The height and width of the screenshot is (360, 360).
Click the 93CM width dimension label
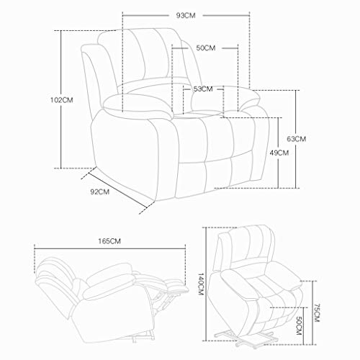pyautogui.click(x=186, y=16)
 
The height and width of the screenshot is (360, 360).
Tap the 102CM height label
pyautogui.click(x=62, y=100)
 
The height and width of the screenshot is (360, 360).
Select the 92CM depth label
pyautogui.click(x=100, y=192)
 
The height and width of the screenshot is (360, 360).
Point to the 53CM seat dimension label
pyautogui.click(x=203, y=89)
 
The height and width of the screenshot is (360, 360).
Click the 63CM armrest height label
pyautogui.click(x=297, y=139)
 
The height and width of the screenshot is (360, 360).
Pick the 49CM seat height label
pyautogui.click(x=279, y=153)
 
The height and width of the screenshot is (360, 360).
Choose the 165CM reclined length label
pyautogui.click(x=109, y=241)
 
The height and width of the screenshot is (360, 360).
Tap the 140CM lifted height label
pyautogui.click(x=201, y=284)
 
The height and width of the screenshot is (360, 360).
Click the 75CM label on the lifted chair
pyautogui.click(x=317, y=312)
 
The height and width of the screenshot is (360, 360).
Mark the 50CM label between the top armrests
pyautogui.click(x=206, y=48)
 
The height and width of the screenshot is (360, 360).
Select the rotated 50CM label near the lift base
pyautogui.click(x=299, y=325)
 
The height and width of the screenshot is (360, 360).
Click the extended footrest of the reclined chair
pyautogui.click(x=174, y=287)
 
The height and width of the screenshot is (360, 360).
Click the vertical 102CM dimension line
pyautogui.click(x=61, y=99)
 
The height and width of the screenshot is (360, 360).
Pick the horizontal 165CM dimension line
pyautogui.click(x=110, y=248)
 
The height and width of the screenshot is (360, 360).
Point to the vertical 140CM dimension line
pyautogui.click(x=206, y=284)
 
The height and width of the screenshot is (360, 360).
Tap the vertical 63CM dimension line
pyautogui.click(x=296, y=139)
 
